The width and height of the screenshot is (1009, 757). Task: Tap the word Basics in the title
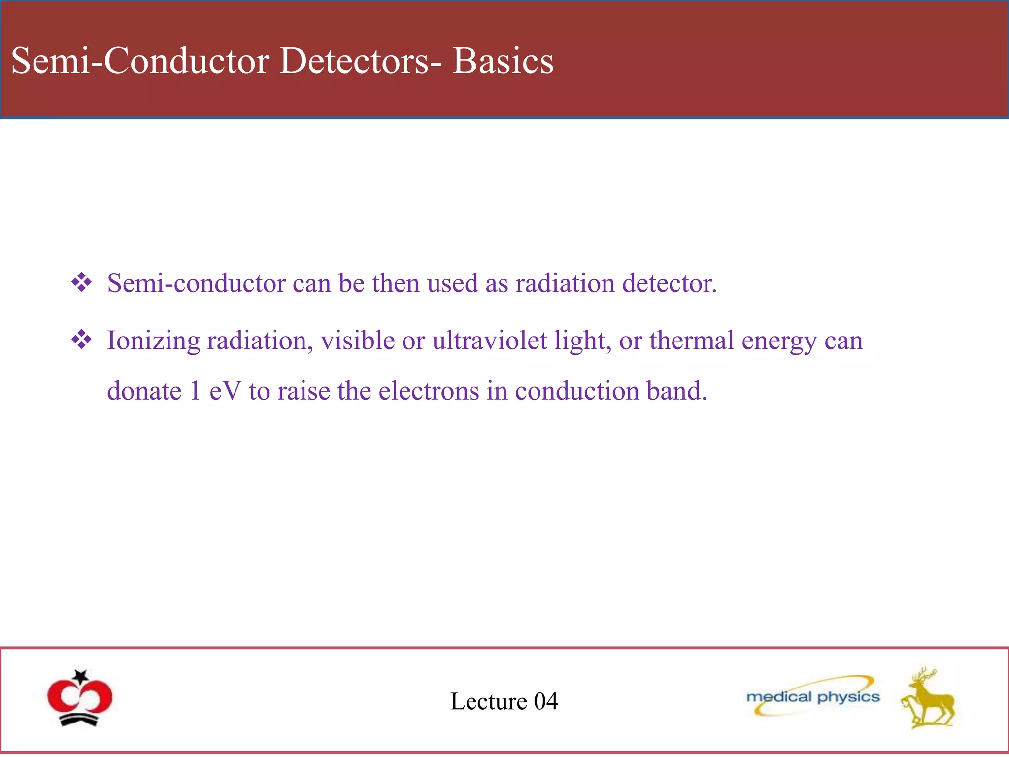503,61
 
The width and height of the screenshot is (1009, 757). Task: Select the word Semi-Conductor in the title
140,61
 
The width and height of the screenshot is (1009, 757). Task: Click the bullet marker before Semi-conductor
81,283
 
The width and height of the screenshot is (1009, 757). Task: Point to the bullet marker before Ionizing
81,340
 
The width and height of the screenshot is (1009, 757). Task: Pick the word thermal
692,341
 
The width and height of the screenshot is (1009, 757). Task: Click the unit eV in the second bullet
225,392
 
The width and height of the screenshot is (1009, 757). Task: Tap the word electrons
429,392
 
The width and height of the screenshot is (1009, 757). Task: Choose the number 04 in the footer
546,701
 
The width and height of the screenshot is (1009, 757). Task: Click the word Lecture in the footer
489,701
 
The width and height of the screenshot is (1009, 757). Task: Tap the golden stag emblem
927,699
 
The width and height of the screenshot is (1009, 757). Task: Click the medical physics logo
813,696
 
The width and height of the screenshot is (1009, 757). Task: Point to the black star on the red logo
81,676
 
